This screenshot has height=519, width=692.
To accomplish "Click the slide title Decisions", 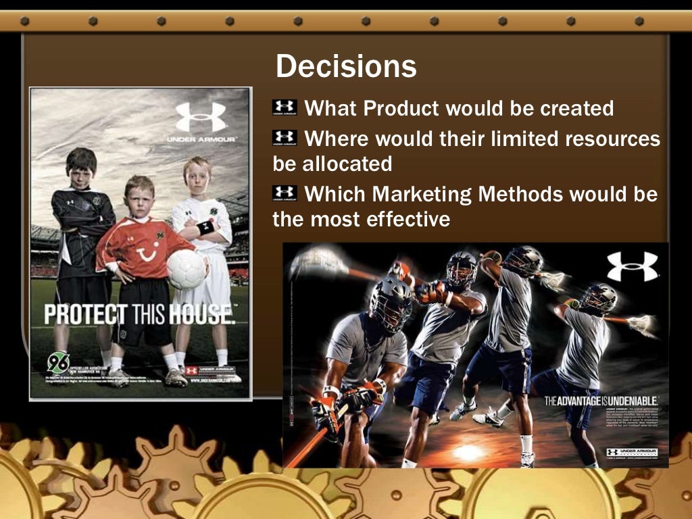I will point(345,66).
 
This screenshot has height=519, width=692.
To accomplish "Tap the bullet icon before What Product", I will point(285,107).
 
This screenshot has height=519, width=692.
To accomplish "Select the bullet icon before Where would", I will point(285,138).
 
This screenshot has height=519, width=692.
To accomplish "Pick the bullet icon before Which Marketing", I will point(285,193).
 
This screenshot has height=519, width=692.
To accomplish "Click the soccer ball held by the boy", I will point(186,269).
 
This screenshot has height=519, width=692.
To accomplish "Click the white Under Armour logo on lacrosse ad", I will point(632,266).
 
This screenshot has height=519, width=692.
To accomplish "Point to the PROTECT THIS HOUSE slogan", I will point(139,314).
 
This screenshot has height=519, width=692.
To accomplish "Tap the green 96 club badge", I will point(58,362).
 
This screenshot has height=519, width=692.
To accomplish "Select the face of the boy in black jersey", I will point(82,166).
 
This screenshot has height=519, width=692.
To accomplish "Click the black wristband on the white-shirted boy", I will point(205,227).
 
